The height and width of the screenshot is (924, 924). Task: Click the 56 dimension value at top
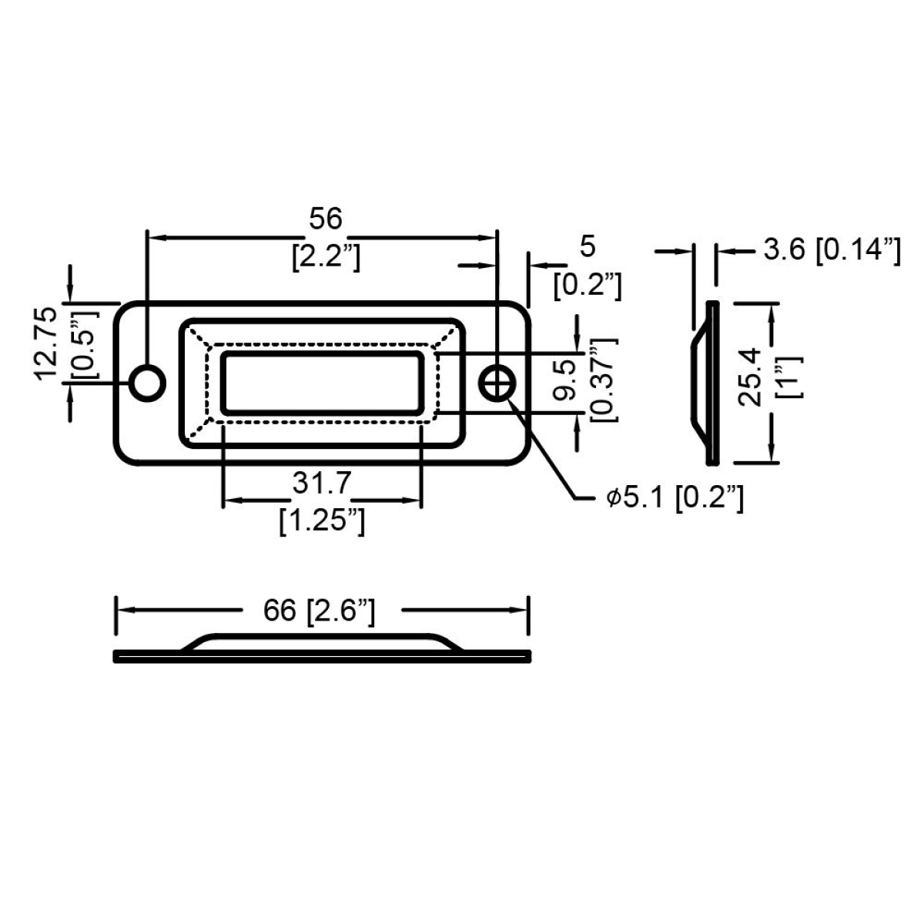tap(325, 219)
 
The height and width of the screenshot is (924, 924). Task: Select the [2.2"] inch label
tap(326, 257)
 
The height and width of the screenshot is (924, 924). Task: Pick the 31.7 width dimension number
tap(322, 484)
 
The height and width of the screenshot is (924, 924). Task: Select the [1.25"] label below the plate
tap(322, 521)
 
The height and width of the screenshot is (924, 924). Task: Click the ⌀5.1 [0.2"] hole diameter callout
tap(675, 499)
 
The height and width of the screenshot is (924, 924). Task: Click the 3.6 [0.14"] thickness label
tap(832, 249)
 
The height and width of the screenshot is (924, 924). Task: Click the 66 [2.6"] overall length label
tap(319, 611)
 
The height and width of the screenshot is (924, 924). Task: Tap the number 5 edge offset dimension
tap(588, 247)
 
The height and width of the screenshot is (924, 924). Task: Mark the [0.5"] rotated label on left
tap(85, 343)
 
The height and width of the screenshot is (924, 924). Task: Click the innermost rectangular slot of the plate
tap(322, 383)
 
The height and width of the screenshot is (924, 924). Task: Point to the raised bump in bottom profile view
tap(322, 641)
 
